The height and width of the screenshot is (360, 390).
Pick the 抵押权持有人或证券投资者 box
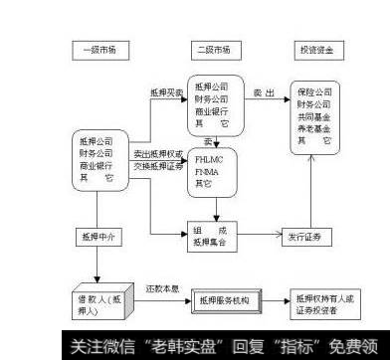coord(326,302)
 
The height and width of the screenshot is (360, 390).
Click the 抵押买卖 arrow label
coord(165,91)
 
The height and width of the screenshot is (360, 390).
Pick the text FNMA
coord(207,171)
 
